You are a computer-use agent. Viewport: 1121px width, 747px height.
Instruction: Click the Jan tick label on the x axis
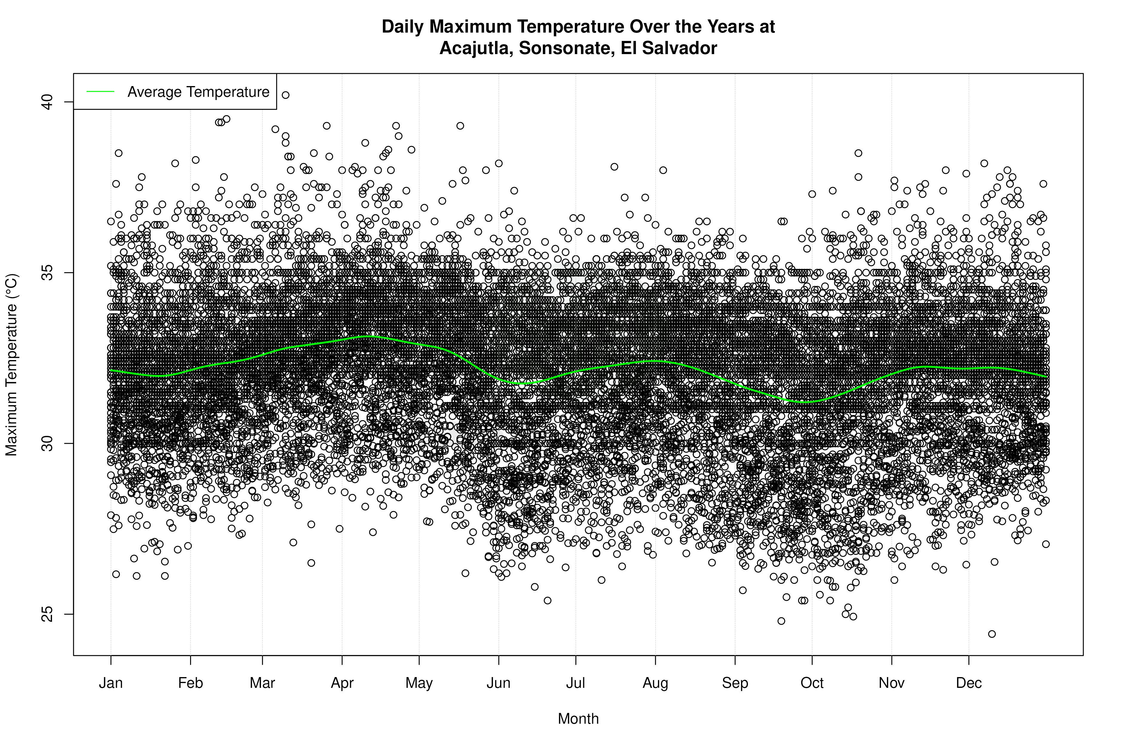pos(111,683)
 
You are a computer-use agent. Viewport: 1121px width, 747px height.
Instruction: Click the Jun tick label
pos(499,683)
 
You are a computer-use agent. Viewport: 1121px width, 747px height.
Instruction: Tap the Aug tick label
pos(655,683)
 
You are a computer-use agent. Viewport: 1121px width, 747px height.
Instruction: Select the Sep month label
pos(735,683)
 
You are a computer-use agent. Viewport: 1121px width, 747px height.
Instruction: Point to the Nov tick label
pos(891,683)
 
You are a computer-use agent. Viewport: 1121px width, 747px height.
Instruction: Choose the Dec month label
pos(969,683)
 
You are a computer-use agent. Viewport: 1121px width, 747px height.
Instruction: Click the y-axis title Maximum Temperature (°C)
pos(11,365)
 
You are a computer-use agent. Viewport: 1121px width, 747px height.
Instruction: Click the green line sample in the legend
pos(100,91)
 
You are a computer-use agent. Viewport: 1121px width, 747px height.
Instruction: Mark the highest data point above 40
pos(285,95)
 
